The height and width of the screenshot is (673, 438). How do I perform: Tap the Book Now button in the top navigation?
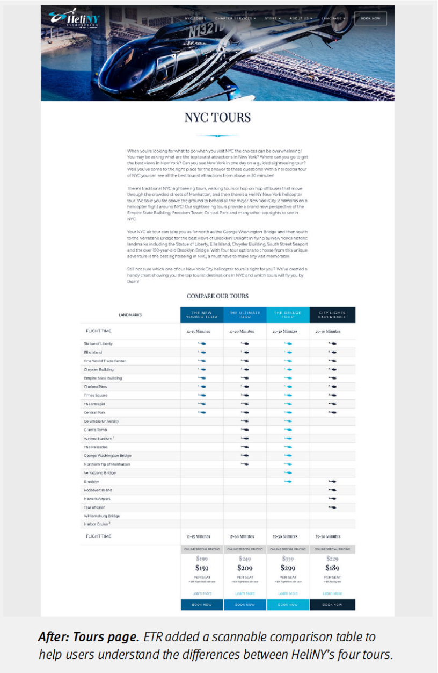[370, 18]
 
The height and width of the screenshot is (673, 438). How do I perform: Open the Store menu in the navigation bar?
[272, 18]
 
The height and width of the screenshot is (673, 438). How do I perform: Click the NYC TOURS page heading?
[217, 117]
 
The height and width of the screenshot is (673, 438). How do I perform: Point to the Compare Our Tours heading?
[217, 296]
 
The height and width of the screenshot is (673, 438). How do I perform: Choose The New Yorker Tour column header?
[202, 315]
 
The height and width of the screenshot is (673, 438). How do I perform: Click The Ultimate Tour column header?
[245, 315]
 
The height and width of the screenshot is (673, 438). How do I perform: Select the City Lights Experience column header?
[332, 315]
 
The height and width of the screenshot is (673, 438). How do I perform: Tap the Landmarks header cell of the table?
[130, 315]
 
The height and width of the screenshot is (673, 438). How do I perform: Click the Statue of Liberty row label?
[98, 343]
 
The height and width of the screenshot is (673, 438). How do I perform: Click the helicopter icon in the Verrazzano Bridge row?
[288, 472]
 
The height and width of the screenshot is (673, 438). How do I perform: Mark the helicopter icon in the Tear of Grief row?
[332, 507]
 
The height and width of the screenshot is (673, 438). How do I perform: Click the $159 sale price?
[202, 568]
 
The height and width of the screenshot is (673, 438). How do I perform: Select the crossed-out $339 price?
[288, 559]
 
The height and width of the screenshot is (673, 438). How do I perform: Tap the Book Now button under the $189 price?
[332, 605]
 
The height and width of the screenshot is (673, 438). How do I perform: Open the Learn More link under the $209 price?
[245, 593]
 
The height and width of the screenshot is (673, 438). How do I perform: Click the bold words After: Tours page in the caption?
[88, 637]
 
